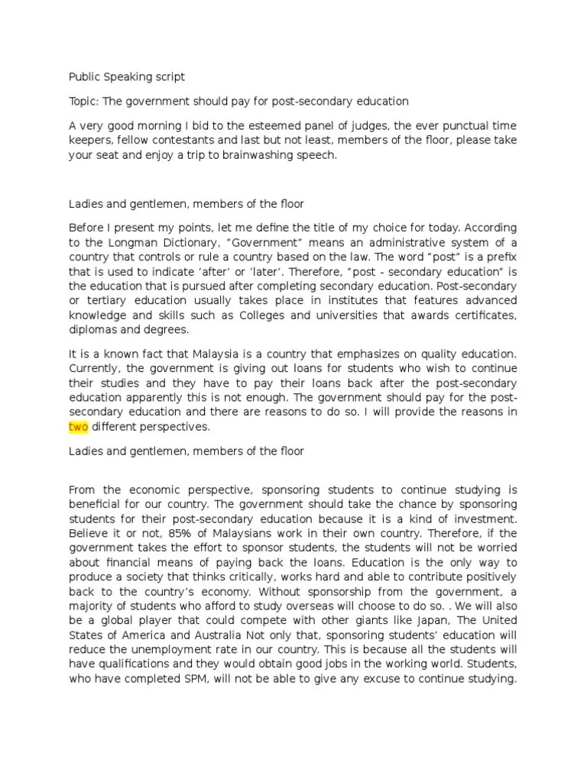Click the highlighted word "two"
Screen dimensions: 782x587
click(79, 427)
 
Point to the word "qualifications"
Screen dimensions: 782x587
click(129, 664)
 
